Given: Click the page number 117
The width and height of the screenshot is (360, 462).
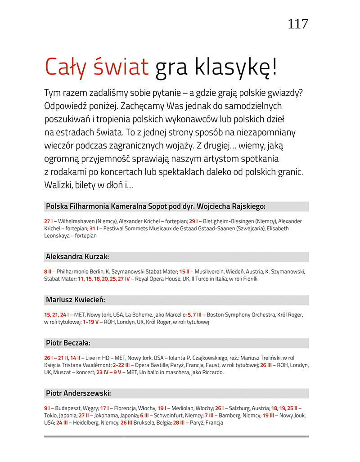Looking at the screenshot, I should point(298,23).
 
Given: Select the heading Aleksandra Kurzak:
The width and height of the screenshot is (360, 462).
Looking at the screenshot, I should point(77,257).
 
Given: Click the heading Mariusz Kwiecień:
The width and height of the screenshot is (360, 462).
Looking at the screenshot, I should point(75,300).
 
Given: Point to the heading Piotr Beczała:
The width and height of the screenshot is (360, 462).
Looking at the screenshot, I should point(68,343).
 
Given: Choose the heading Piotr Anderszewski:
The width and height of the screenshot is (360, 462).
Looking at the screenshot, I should point(78,394).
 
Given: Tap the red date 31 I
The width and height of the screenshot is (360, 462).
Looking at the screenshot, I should point(94,229).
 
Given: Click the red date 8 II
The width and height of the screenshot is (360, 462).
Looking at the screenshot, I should point(48,272).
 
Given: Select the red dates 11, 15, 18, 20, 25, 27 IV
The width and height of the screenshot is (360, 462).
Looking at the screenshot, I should point(103,279).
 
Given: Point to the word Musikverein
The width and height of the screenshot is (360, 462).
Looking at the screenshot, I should point(210,272).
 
